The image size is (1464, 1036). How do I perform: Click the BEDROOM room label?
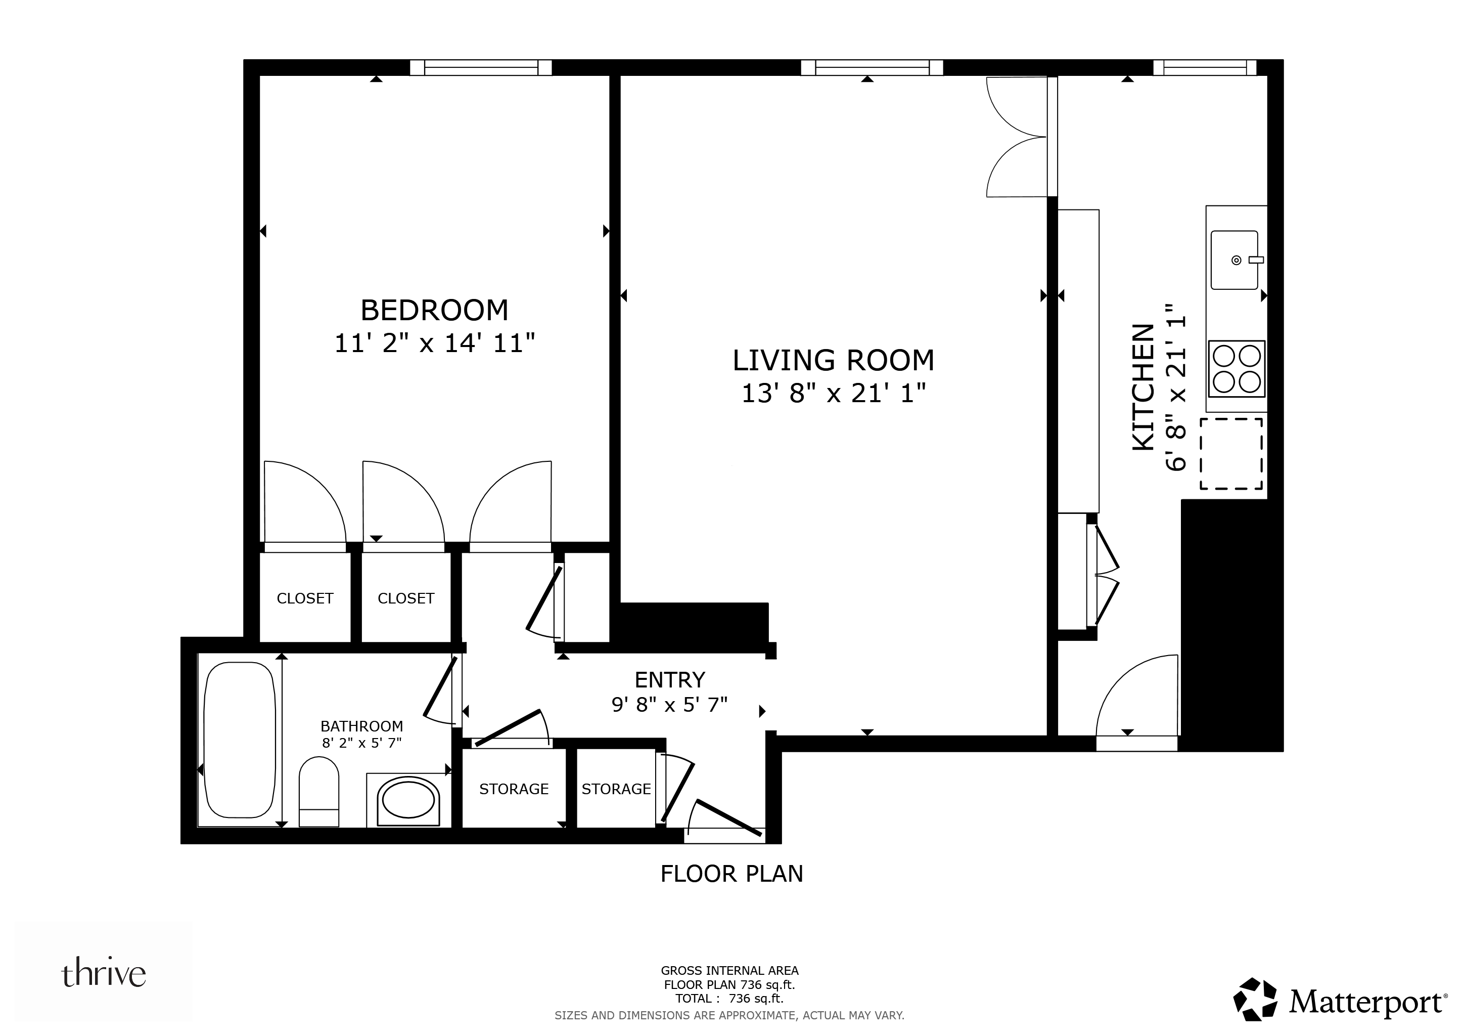tap(434, 311)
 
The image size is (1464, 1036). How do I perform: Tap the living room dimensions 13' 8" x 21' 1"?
tap(833, 394)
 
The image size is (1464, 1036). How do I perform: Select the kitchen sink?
tap(1234, 261)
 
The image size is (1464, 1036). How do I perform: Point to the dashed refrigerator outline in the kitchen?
tap(1231, 454)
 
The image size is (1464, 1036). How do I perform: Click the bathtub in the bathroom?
tap(239, 740)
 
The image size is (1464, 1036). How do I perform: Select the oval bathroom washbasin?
tap(408, 799)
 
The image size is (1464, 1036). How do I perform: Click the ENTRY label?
tap(669, 680)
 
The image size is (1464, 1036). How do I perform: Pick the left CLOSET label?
tap(305, 598)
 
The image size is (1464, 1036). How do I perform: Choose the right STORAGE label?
tap(616, 789)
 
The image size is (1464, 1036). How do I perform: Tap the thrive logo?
tap(103, 973)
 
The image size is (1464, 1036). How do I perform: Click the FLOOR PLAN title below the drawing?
tap(731, 874)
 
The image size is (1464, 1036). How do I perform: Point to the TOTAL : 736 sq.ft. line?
tap(729, 999)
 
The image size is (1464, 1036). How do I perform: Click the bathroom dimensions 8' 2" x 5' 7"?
tap(361, 743)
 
